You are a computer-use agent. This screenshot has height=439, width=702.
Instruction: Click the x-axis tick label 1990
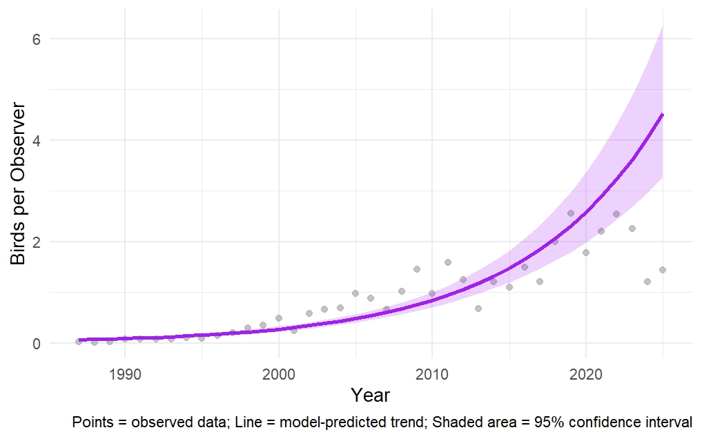[124, 373]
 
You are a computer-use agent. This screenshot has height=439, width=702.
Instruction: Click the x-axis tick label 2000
[278, 373]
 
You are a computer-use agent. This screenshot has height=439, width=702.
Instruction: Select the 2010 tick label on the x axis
[432, 373]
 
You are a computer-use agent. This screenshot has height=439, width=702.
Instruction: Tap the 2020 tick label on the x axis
[585, 373]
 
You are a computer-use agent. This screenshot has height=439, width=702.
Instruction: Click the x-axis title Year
[370, 396]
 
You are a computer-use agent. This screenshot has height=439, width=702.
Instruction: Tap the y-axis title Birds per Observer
[19, 184]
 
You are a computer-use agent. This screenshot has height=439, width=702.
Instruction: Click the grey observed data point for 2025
[662, 270]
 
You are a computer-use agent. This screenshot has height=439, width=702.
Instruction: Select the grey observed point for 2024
[647, 282]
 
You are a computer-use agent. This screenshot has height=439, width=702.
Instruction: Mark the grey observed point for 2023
[632, 228]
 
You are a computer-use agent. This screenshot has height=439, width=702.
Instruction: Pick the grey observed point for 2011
[447, 262]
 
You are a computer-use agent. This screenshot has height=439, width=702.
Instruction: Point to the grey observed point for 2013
[478, 308]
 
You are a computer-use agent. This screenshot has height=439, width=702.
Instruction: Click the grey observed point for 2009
[416, 269]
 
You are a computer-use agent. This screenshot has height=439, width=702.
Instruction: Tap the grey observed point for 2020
[585, 253]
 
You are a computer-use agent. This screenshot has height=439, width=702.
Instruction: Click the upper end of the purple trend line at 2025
[662, 115]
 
